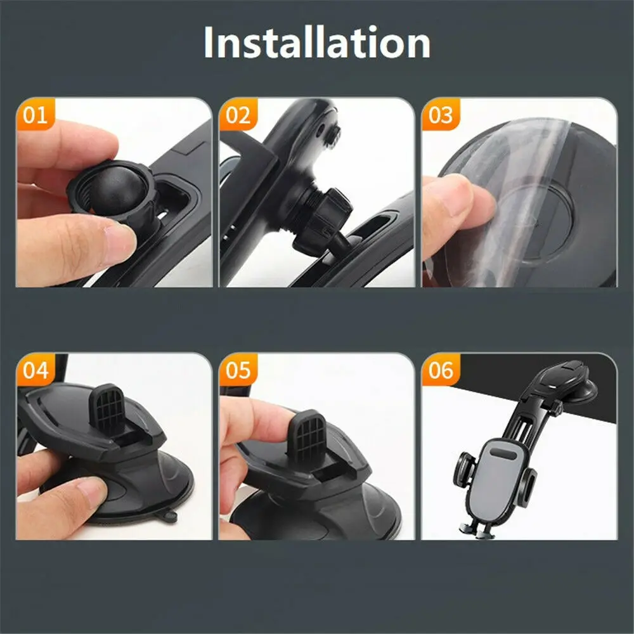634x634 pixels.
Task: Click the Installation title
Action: pyautogui.click(x=317, y=43)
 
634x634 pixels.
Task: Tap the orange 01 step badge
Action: pyautogui.click(x=35, y=115)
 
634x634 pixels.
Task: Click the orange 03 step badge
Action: pyautogui.click(x=441, y=115)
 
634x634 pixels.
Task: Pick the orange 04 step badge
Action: pyautogui.click(x=35, y=370)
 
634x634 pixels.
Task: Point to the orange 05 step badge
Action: pyautogui.click(x=238, y=370)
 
